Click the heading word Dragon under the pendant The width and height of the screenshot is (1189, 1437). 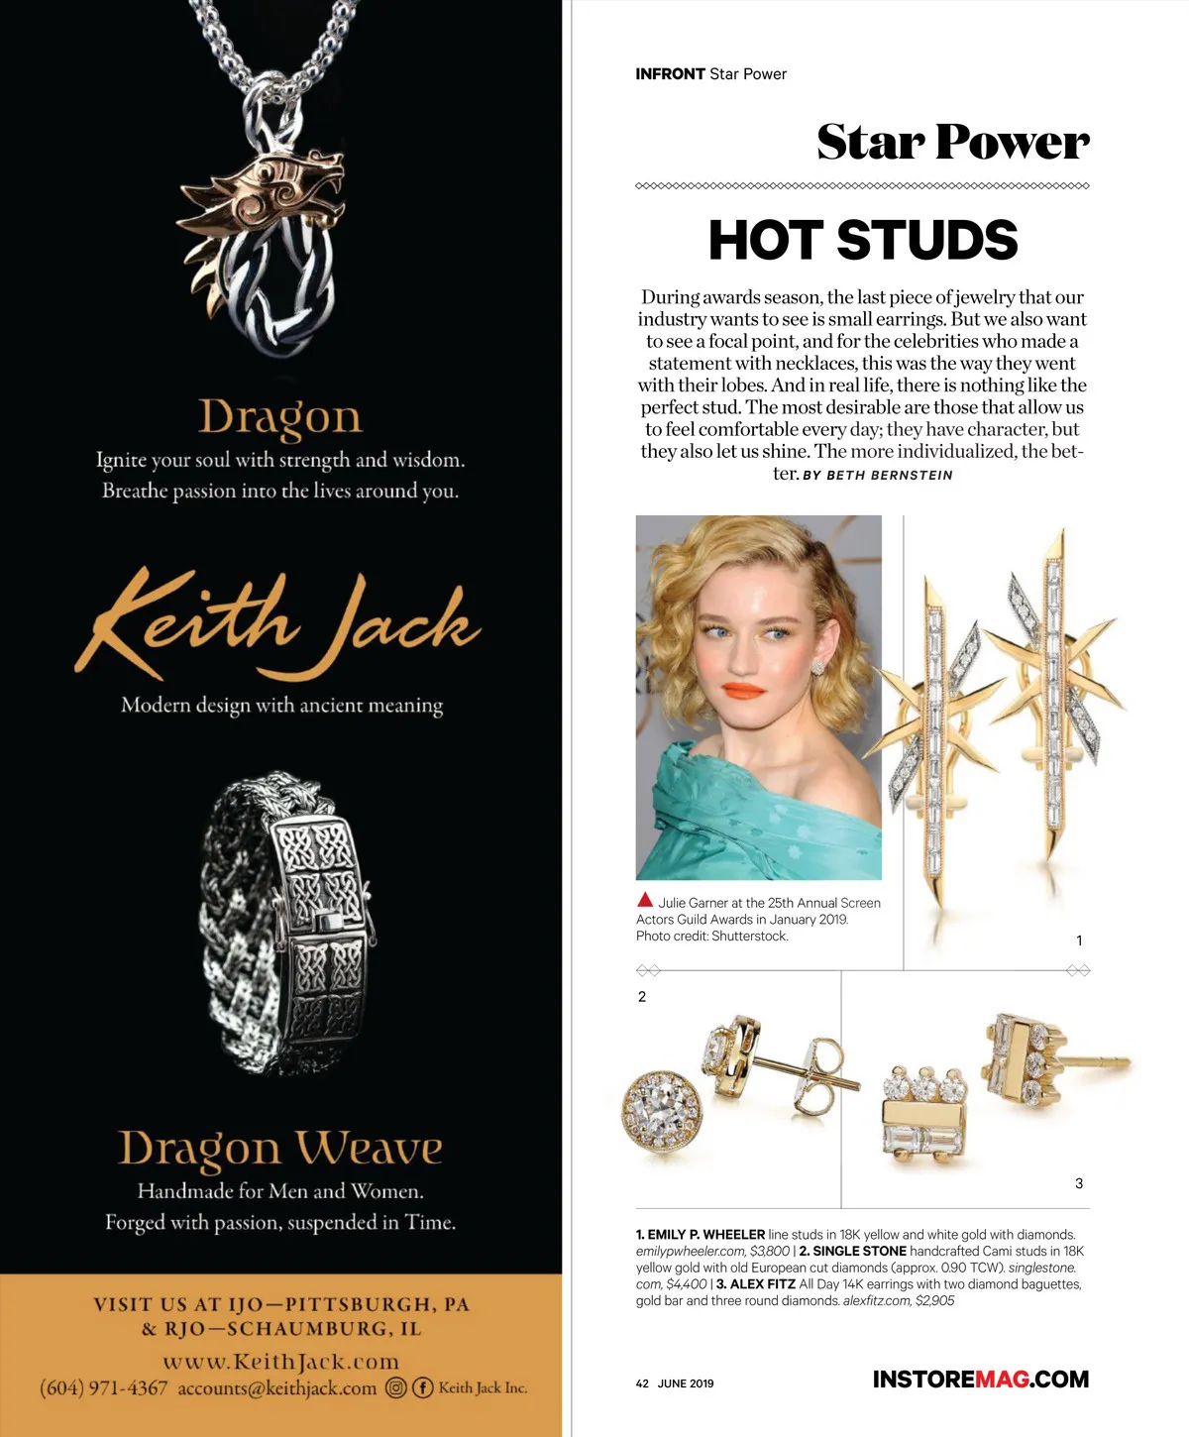pos(280,417)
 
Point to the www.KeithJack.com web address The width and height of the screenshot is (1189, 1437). pos(280,1362)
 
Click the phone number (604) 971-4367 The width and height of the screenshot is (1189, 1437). pos(104,1388)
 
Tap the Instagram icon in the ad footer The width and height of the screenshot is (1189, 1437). pos(396,1388)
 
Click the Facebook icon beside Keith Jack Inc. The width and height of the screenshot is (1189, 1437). pos(423,1388)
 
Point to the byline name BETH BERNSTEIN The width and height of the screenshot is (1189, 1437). pos(889,476)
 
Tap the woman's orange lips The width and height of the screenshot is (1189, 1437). pos(742,689)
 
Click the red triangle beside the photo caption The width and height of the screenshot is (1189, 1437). pos(645,901)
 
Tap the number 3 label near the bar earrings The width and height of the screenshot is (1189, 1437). pos(1079,1183)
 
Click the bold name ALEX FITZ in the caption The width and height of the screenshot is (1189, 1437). pos(762,1284)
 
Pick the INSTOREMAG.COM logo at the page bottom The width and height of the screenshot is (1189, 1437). pos(980,1380)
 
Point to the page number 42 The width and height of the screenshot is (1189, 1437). pos(642,1383)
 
